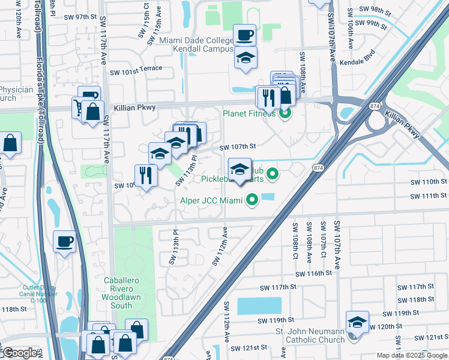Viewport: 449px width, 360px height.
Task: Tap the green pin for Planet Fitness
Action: [x=285, y=112]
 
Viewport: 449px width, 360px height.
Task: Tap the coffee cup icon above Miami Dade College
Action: [x=244, y=35]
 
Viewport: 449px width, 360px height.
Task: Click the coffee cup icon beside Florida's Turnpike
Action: [x=65, y=242]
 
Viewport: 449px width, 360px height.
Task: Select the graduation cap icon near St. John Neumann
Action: [x=357, y=323]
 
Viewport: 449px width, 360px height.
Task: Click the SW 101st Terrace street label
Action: [x=136, y=68]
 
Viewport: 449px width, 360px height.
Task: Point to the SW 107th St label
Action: [x=238, y=146]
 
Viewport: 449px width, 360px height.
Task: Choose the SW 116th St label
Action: [x=312, y=273]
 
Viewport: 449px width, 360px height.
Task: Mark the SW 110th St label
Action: [x=429, y=182]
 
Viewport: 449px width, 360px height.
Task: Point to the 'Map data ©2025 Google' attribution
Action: [x=411, y=355]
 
